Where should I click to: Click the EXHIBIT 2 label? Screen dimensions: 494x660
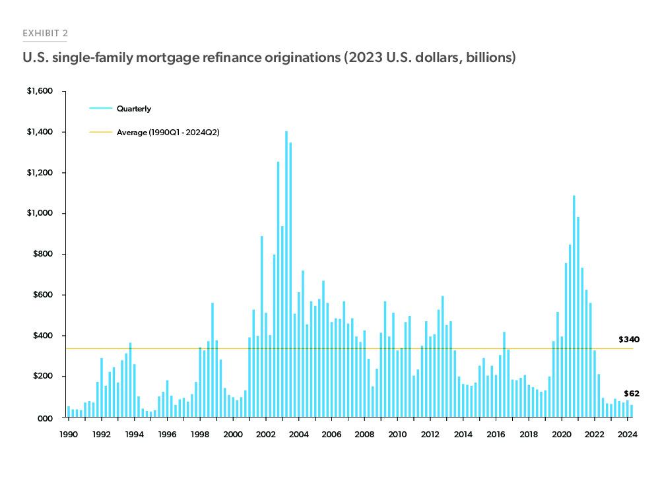pos(46,32)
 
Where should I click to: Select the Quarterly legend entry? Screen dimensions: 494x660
pos(134,109)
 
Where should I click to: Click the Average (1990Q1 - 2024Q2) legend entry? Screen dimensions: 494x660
pos(168,133)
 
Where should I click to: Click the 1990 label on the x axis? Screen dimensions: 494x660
pos(69,434)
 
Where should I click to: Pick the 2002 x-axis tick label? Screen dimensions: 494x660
pos(265,434)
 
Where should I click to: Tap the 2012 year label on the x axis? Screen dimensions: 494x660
pos(430,434)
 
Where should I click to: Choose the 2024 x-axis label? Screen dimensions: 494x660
pos(627,434)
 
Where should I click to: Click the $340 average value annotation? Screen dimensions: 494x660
pos(628,339)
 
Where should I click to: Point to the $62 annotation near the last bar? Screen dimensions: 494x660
pos(631,394)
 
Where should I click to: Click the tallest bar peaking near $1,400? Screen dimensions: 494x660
pos(286,277)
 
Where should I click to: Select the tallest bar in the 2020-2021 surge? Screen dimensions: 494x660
pos(574,310)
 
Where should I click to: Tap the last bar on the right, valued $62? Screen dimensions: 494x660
pos(631,411)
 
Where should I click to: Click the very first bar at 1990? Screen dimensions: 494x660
pos(69,412)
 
